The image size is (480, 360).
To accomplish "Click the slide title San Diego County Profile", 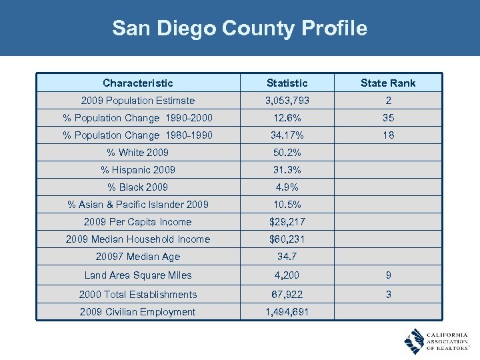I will click(x=239, y=29).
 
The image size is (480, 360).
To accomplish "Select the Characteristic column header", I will click(x=138, y=83).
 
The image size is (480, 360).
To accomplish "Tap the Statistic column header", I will click(x=287, y=83).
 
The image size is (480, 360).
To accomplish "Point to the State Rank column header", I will click(x=387, y=83).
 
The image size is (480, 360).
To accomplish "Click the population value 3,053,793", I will click(x=287, y=101).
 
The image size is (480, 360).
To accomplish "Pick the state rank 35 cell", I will click(x=387, y=118).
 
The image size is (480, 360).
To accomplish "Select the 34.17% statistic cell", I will click(x=287, y=135).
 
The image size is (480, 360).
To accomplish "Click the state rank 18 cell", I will click(x=387, y=135).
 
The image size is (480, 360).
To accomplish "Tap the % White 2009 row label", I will click(x=138, y=153).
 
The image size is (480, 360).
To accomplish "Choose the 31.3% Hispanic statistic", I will click(x=287, y=170).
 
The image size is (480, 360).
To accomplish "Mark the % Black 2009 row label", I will click(x=138, y=187).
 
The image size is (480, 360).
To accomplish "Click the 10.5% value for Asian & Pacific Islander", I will click(x=287, y=205).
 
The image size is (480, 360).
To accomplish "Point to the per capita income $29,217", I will click(x=287, y=222).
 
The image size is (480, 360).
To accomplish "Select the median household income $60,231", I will click(x=287, y=239).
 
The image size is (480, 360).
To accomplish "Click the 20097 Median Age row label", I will click(x=138, y=257).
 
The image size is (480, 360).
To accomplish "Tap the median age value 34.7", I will click(x=287, y=257).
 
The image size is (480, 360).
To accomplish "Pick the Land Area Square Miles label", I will click(x=138, y=275).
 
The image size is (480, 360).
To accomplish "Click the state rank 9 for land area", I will click(x=387, y=275).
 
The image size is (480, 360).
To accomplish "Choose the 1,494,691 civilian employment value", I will click(x=287, y=312).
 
